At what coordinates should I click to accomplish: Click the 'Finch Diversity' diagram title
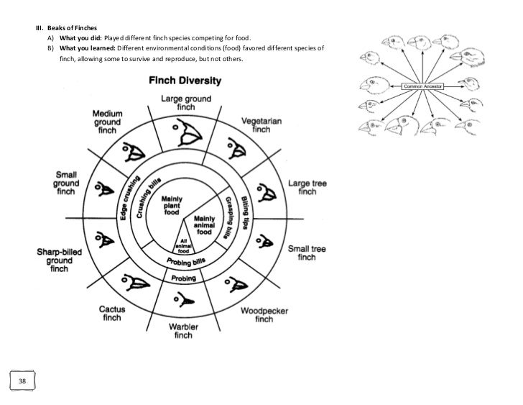[186, 80]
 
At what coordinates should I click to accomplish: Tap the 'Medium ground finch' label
[107, 124]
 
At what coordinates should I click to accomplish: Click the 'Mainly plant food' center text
[171, 204]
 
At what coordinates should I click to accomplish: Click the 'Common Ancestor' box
[423, 86]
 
